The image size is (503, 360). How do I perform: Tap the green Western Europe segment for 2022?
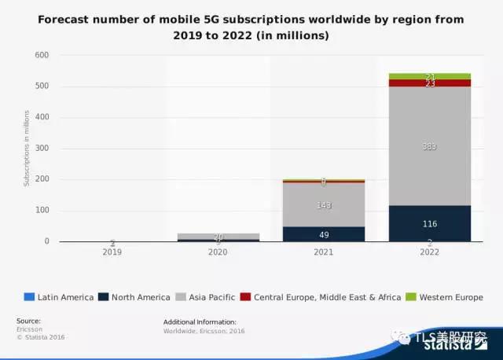pyautogui.click(x=430, y=76)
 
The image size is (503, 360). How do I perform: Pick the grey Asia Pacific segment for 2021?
pyautogui.click(x=324, y=197)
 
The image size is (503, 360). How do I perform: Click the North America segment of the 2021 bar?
pyautogui.click(x=324, y=234)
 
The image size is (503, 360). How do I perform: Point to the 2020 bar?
pyautogui.click(x=218, y=237)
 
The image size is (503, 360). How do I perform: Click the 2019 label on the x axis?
pyautogui.click(x=112, y=253)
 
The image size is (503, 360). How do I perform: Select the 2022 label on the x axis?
pyautogui.click(x=430, y=253)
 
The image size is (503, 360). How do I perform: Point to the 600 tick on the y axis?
pyautogui.click(x=42, y=55)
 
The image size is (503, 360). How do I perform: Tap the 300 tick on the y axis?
pyautogui.click(x=42, y=149)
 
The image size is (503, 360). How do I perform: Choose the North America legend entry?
pyautogui.click(x=138, y=297)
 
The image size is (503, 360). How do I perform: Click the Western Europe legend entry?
pyautogui.click(x=446, y=297)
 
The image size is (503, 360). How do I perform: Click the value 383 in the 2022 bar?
pyautogui.click(x=430, y=147)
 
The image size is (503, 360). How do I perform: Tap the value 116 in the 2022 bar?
pyautogui.click(x=430, y=224)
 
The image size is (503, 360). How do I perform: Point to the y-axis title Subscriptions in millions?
pyautogui.click(x=26, y=149)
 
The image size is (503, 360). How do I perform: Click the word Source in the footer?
pyautogui.click(x=28, y=321)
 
